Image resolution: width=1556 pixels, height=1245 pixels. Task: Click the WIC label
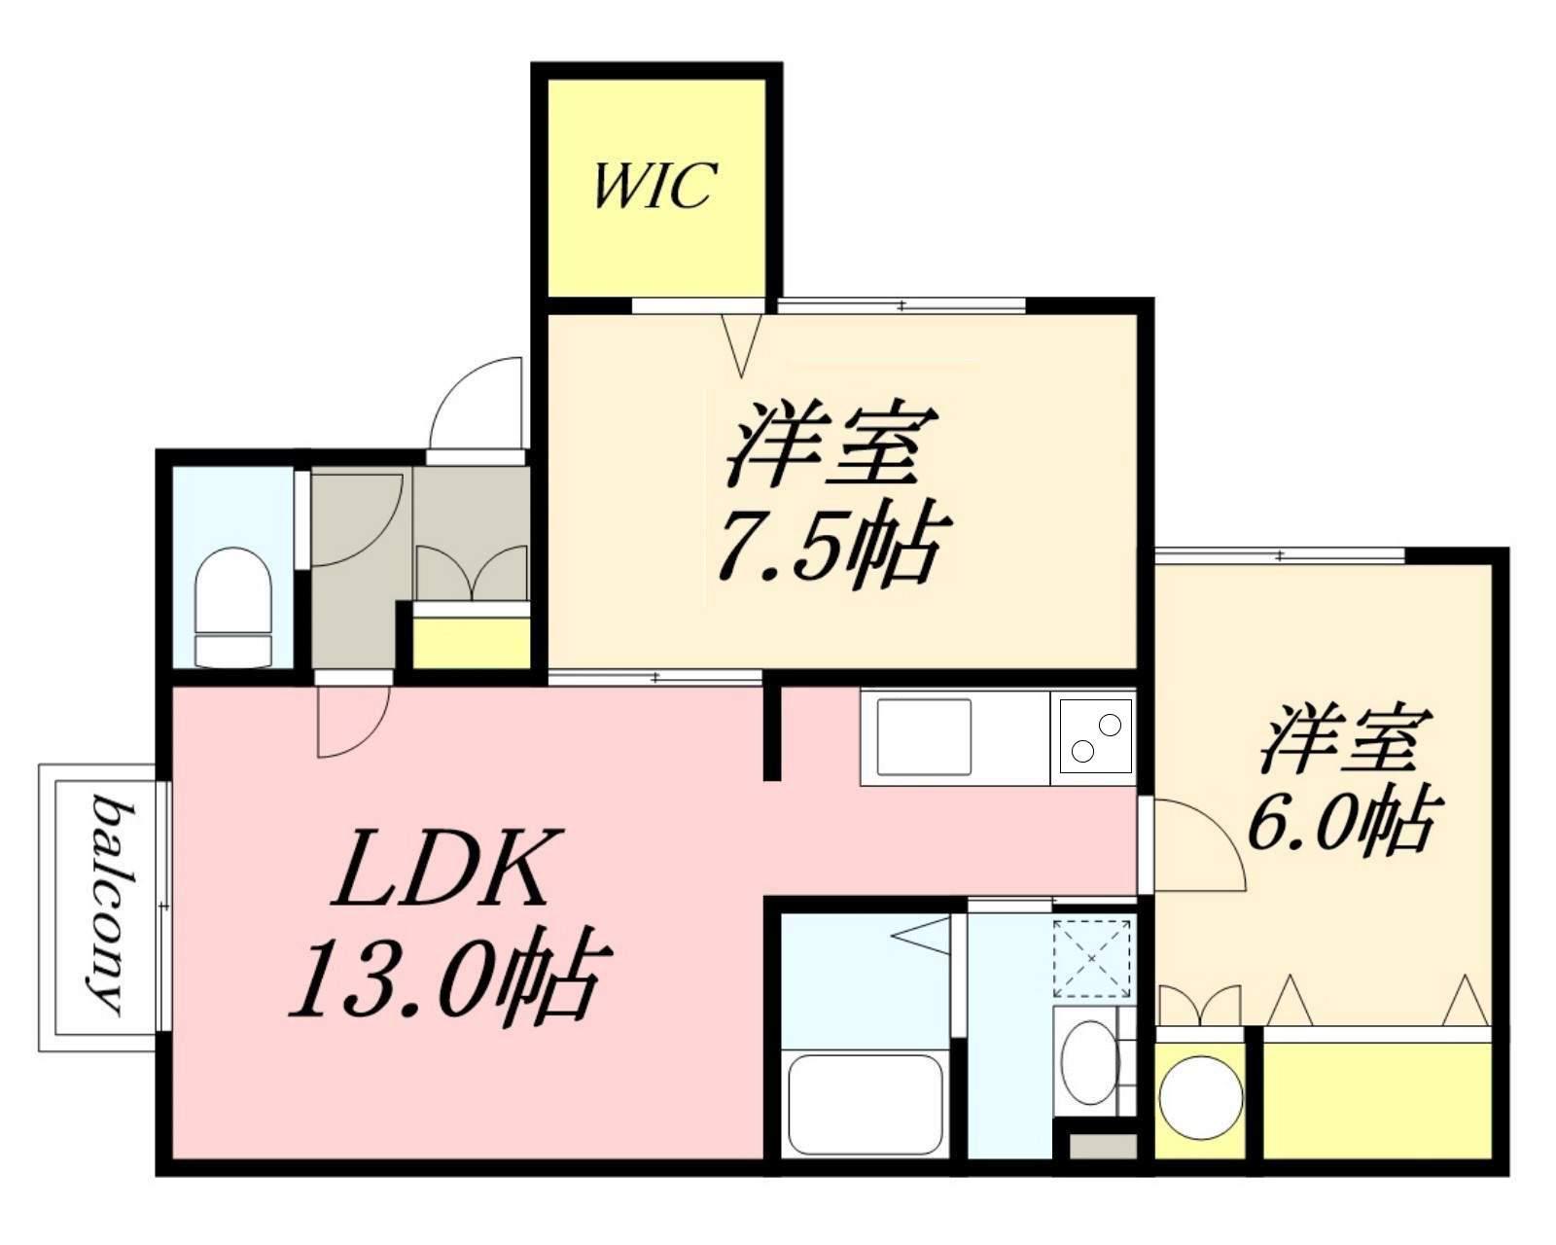654,185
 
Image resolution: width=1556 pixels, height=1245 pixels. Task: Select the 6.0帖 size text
1342,823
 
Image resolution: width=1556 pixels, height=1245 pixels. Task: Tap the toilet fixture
232,608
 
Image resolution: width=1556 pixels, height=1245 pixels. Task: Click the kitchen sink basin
924,736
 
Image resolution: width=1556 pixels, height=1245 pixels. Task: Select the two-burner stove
1095,737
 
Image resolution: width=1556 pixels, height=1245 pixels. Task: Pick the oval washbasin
1087,1062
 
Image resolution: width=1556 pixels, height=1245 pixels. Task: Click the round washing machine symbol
1201,1097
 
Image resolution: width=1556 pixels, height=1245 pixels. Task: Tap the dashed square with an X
1092,959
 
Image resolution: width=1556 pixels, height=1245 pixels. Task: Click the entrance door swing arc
477,404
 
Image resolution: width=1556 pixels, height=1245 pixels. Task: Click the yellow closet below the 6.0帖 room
1377,1099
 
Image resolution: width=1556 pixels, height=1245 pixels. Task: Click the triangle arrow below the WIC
742,342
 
